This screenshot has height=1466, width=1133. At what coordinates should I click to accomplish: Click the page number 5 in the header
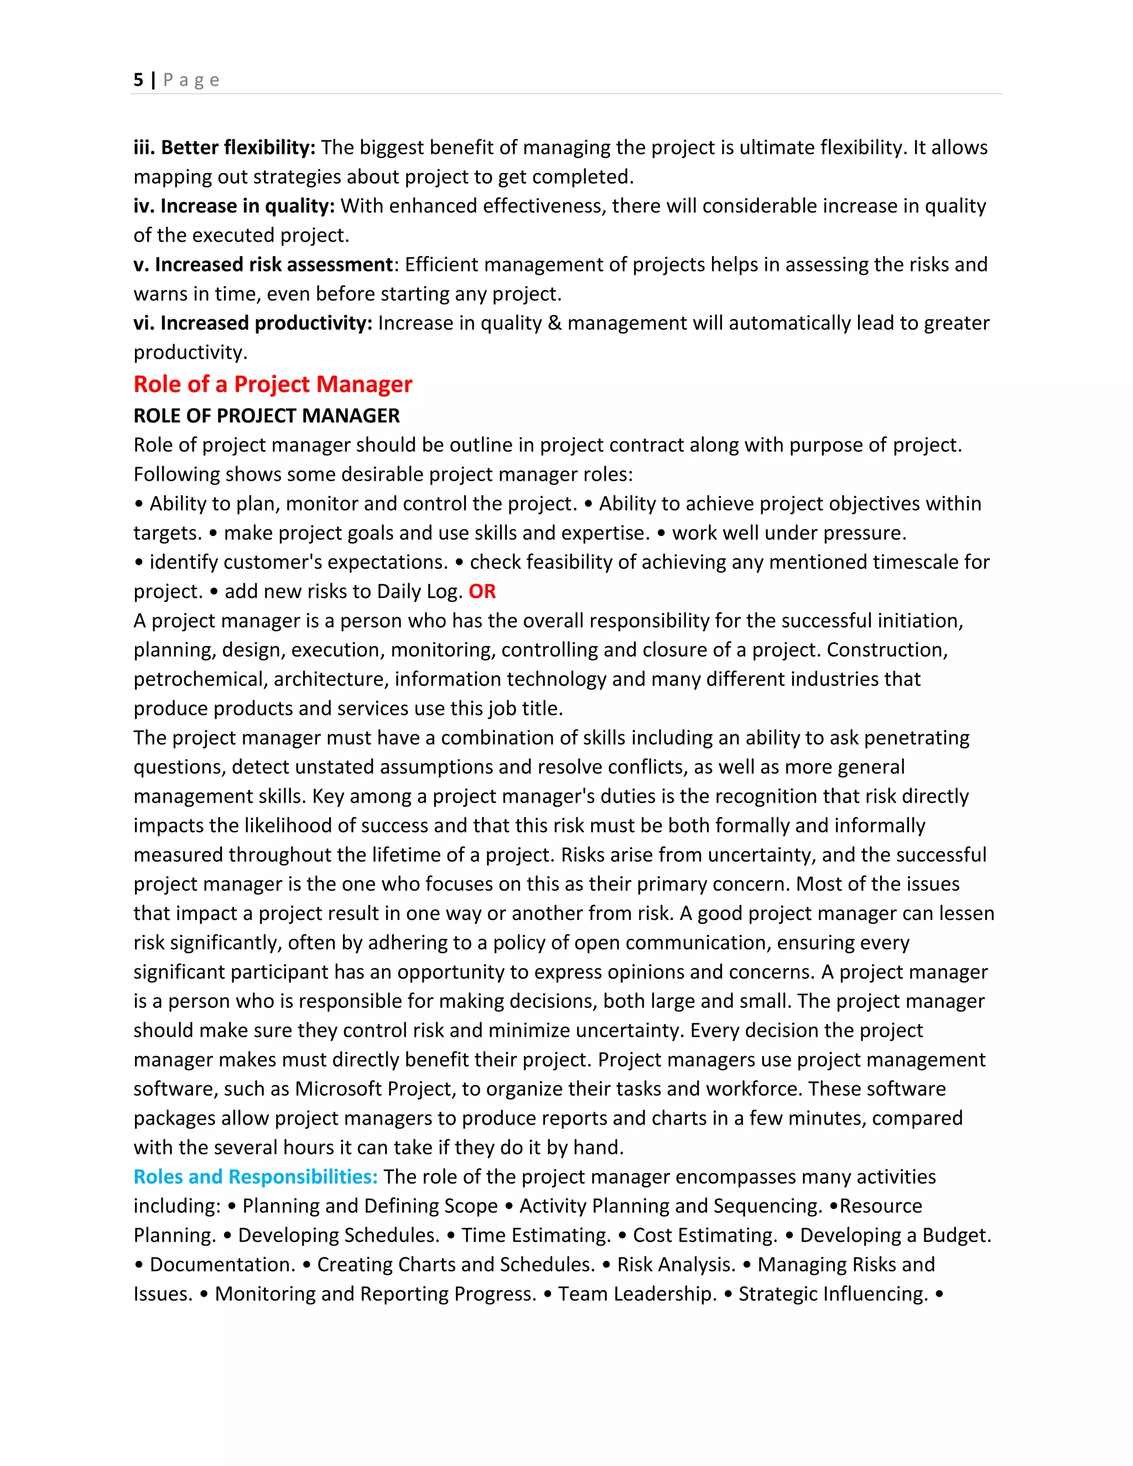[x=138, y=80]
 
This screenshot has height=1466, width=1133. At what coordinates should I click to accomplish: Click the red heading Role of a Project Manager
[x=273, y=384]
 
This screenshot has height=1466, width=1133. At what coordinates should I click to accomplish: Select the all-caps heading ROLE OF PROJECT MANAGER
[x=267, y=415]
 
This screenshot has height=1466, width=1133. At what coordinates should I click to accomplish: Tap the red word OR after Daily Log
[x=482, y=591]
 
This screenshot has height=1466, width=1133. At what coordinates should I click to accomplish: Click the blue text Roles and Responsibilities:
[x=256, y=1177]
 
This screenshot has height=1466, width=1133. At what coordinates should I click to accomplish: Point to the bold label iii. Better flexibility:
[x=224, y=148]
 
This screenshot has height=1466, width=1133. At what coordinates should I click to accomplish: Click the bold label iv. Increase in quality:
[x=233, y=206]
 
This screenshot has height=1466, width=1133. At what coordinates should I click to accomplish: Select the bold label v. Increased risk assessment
[x=262, y=264]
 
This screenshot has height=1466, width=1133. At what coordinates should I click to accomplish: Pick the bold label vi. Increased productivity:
[x=252, y=323]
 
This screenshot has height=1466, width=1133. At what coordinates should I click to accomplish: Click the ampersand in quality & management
[x=554, y=323]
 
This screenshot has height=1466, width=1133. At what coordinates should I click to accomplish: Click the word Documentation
[x=222, y=1265]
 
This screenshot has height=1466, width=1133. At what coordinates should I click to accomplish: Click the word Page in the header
[x=191, y=80]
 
